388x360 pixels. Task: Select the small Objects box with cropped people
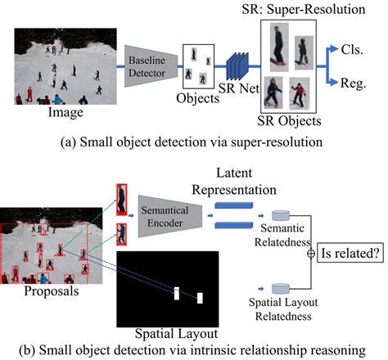pyautogui.click(x=195, y=65)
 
